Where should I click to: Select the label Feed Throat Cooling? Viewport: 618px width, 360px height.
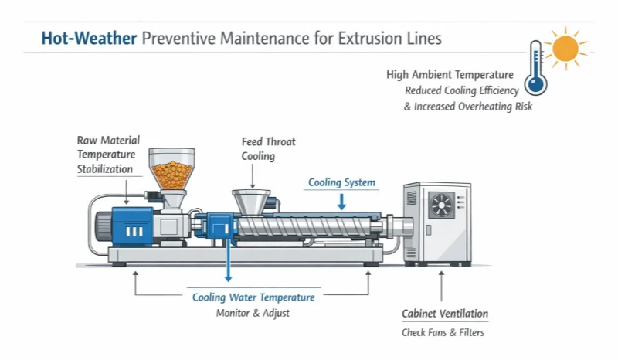(268, 149)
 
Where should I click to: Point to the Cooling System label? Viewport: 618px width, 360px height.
(341, 183)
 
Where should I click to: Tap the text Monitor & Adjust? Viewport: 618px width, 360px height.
(253, 313)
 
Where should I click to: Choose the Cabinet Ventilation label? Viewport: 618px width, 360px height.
(444, 314)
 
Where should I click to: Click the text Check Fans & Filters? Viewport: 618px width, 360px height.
(443, 333)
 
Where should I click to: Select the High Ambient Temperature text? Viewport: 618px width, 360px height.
(450, 75)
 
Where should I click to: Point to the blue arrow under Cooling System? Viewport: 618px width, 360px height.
(342, 201)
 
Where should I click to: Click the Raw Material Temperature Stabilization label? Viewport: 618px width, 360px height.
(108, 155)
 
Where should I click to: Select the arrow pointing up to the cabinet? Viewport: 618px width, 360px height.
(441, 287)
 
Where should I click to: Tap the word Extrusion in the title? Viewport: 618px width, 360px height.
(363, 38)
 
